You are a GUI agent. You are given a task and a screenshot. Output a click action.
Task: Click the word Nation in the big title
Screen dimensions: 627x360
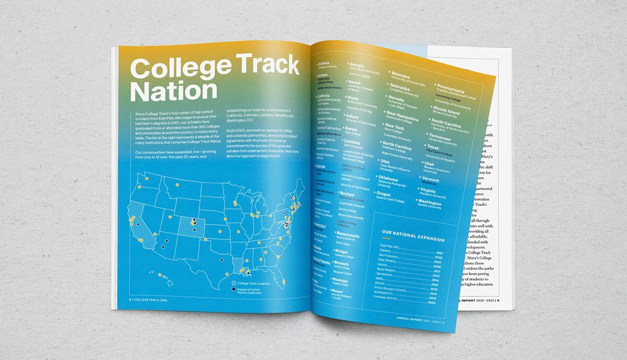click(x=175, y=91)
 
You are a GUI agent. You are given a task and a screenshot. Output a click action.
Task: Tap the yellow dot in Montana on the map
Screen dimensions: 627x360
click(x=177, y=184)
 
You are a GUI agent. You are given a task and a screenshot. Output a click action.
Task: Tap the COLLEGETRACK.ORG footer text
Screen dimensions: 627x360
click(x=149, y=300)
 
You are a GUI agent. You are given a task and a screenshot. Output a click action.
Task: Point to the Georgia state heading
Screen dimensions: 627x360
click(x=357, y=65)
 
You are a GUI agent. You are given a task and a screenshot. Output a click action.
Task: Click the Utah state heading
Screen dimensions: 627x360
click(x=429, y=164)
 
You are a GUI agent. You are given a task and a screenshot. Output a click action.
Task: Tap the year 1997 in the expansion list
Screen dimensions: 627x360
click(x=440, y=252)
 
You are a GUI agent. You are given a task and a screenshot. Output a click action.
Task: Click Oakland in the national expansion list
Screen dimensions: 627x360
click(x=386, y=250)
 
